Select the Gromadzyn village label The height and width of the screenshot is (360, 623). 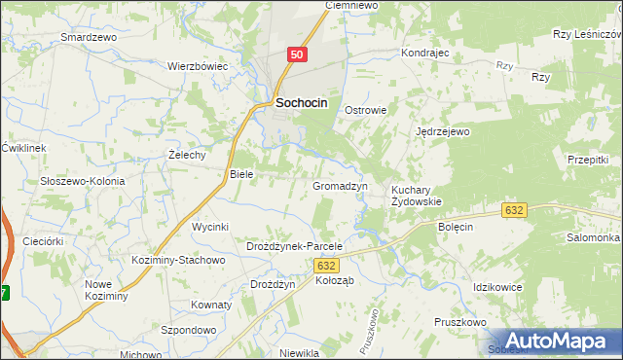(x=340, y=185)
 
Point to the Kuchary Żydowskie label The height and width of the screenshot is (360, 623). (x=417, y=196)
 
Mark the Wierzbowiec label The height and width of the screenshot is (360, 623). (x=197, y=66)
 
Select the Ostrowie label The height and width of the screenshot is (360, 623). (x=366, y=110)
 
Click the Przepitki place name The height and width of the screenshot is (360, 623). (x=587, y=159)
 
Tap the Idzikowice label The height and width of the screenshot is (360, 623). (x=497, y=288)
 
